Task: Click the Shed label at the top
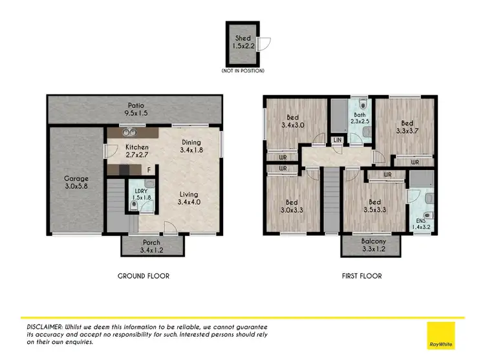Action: [x=242, y=42]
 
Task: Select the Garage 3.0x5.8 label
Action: [x=76, y=183]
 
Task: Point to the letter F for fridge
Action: [x=149, y=170]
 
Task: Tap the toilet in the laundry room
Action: [x=133, y=206]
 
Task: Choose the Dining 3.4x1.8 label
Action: [x=190, y=147]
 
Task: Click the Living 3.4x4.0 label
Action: [x=189, y=198]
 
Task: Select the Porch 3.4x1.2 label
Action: [x=151, y=246]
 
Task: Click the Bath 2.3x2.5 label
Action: [x=360, y=118]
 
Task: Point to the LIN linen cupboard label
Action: [x=337, y=140]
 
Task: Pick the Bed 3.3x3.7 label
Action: [x=406, y=127]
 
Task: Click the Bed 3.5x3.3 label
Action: [x=372, y=205]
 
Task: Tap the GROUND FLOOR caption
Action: [x=144, y=276]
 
